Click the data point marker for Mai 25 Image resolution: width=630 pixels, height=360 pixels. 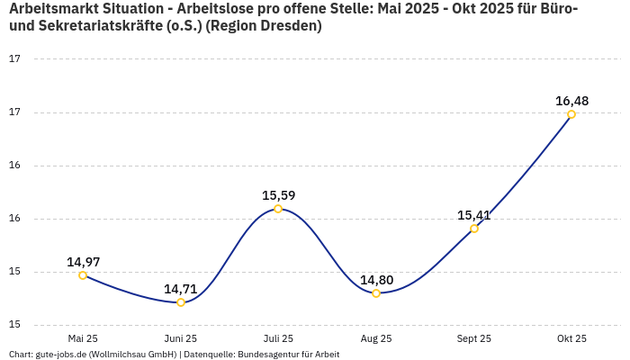tap(83, 275)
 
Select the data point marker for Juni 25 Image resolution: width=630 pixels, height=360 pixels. tap(181, 302)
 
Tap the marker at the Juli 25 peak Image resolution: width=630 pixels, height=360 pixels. tap(278, 209)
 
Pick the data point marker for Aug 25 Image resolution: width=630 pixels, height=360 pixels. tap(376, 293)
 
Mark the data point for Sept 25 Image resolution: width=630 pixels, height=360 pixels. tap(474, 229)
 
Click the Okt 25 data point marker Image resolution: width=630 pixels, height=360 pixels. tap(571, 114)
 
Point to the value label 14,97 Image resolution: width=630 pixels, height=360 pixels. tap(83, 262)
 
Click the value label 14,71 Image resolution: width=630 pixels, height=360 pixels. tap(181, 289)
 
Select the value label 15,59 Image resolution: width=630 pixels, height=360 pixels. tap(278, 195)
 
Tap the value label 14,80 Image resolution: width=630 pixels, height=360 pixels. tap(376, 280)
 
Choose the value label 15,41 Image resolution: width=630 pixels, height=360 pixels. tap(474, 215)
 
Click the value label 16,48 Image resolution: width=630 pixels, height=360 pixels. tap(571, 101)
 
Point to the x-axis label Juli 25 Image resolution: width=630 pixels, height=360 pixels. tap(278, 338)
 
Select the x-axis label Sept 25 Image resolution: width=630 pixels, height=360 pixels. tap(474, 338)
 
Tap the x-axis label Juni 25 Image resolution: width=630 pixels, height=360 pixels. tap(181, 338)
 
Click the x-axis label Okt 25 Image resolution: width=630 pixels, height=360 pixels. tap(571, 338)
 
